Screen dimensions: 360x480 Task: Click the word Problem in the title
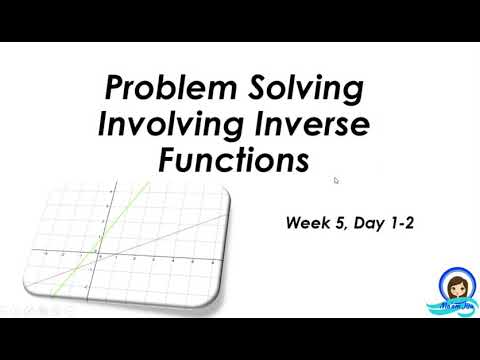pyautogui.click(x=162, y=91)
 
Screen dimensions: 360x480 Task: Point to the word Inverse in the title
pyautogui.click(x=311, y=125)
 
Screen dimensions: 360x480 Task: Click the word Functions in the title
pyautogui.click(x=233, y=160)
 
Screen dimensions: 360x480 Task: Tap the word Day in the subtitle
pyautogui.click(x=370, y=225)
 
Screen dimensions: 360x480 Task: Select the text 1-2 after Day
pyautogui.click(x=401, y=225)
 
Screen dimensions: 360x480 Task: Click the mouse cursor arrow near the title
pyautogui.click(x=336, y=181)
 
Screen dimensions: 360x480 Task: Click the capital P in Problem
pyautogui.click(x=116, y=91)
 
